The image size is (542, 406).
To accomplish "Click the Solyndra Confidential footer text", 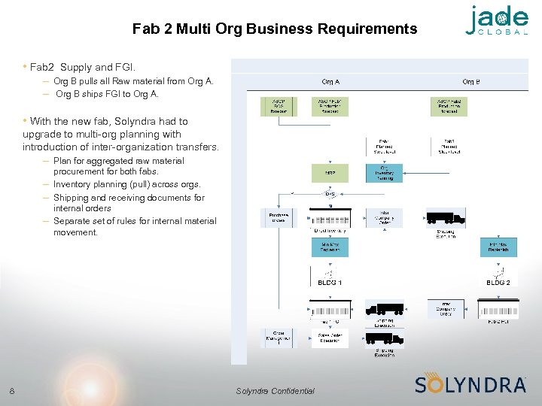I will (x=275, y=390).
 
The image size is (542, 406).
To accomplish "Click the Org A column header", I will (x=330, y=81).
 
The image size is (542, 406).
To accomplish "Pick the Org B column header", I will (x=471, y=81).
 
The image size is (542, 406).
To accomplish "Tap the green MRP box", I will (x=330, y=173).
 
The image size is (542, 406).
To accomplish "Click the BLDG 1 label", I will (x=330, y=283).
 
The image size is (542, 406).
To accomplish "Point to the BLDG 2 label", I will (x=498, y=283).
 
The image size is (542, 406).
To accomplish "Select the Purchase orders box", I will (x=279, y=217).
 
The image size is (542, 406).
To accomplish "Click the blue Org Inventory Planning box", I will (x=384, y=173).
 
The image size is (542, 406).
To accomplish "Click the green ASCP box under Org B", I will (x=449, y=106).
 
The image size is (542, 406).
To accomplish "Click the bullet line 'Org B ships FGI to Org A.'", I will (x=107, y=94).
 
